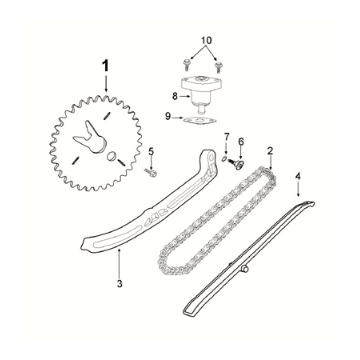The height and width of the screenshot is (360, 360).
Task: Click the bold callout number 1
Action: pos(106,66)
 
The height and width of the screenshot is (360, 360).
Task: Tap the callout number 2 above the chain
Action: pos(270,151)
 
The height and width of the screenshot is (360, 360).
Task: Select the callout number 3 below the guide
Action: pos(120,284)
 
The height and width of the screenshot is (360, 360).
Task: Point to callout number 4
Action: pos(298,176)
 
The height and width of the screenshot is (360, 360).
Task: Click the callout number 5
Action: pos(151,152)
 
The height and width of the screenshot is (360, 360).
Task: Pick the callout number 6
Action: pos(241,142)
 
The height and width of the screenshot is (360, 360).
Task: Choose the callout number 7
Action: pos(227,137)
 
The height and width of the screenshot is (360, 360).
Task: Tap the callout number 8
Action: pos(175,97)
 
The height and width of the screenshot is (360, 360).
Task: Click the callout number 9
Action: pos(168,116)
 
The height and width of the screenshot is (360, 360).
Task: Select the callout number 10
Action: pos(207,40)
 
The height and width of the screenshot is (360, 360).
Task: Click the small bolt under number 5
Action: pos(151,172)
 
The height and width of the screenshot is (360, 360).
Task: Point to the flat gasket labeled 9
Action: pos(200,121)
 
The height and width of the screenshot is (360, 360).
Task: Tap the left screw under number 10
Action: pos(186,64)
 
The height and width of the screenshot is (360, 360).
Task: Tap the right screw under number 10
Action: pos(219,66)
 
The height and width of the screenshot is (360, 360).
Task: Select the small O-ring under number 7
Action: pos(225,158)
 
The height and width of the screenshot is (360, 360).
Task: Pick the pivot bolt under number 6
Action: pos(236,164)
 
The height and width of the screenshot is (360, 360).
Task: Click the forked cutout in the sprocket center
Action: pos(89,138)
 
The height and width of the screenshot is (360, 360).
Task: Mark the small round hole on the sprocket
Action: pos(112,156)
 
